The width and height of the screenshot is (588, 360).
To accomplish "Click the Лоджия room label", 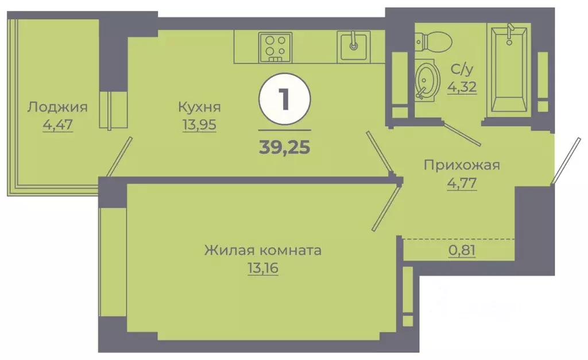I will (57, 107).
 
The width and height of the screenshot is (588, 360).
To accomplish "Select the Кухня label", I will (199, 107).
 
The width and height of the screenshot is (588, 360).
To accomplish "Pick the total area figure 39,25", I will (285, 147).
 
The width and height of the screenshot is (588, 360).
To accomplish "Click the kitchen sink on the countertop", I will (353, 46).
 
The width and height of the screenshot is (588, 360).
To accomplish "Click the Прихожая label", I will (462, 165).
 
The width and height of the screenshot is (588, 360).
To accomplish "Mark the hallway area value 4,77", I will (462, 185).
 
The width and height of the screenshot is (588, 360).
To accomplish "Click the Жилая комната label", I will (262, 251).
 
